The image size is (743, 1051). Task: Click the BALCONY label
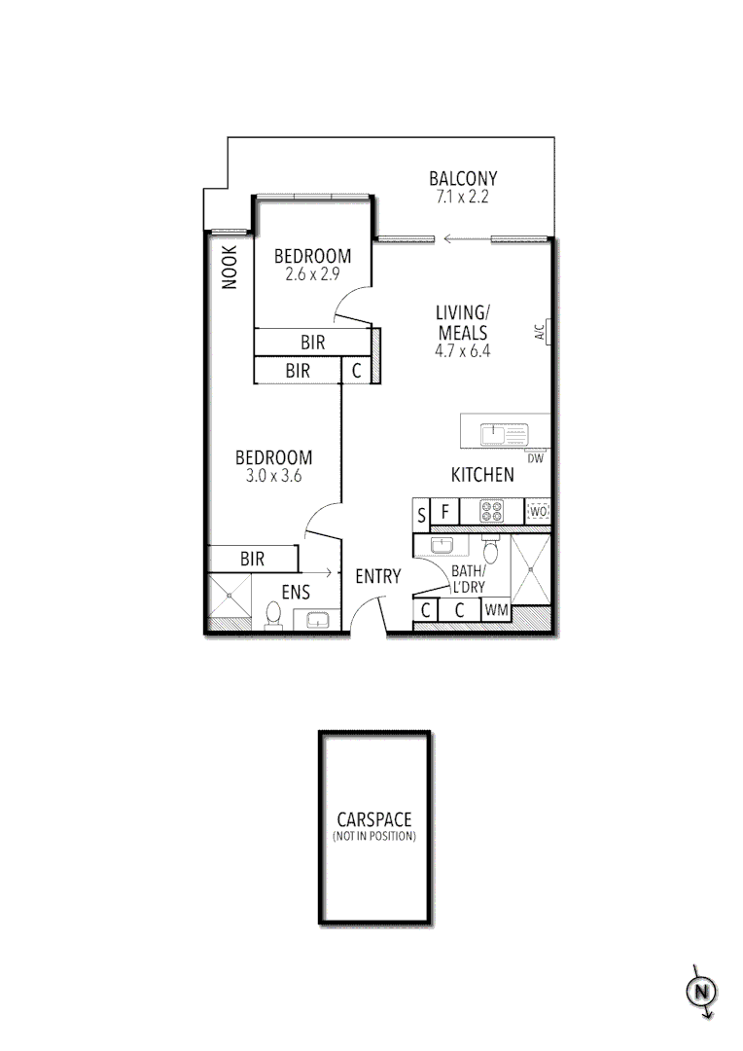[463, 179]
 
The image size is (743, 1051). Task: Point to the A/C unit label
[538, 333]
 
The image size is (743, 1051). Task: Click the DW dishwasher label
[536, 457]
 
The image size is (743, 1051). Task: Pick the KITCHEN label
[482, 476]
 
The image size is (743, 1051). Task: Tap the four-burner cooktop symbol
[491, 511]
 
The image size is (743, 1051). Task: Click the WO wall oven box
[538, 511]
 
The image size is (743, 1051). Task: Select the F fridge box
[444, 512]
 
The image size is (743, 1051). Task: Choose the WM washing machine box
[496, 611]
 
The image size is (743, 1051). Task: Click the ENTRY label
[377, 576]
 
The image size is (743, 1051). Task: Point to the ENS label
[296, 592]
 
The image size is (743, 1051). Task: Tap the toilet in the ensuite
[273, 614]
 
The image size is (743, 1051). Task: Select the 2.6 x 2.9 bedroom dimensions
[311, 275]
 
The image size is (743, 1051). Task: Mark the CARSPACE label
[374, 820]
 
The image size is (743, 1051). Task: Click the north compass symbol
[699, 993]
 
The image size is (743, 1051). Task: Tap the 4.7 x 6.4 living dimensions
[462, 351]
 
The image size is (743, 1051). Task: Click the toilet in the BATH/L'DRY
[491, 552]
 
